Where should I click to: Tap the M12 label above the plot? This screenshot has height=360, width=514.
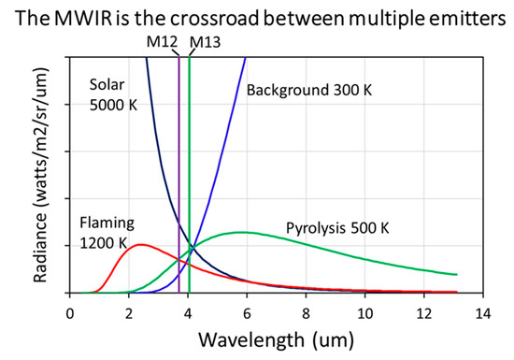pyautogui.click(x=162, y=42)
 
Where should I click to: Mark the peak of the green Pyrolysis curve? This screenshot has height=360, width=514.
pyautogui.click(x=242, y=232)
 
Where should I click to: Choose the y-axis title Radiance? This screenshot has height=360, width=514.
pyautogui.click(x=25, y=173)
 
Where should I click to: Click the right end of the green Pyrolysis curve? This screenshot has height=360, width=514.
pyautogui.click(x=455, y=274)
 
